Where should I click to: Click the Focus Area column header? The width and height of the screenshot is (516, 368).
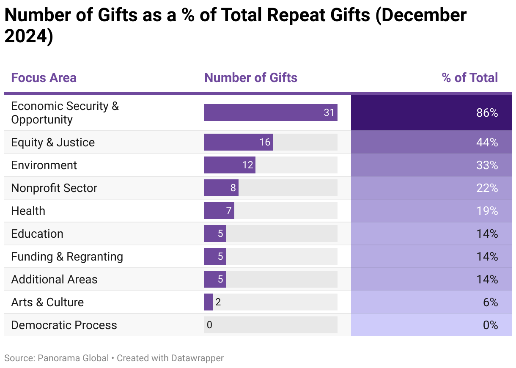click(x=44, y=78)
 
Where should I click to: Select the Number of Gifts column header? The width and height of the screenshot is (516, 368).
click(x=250, y=78)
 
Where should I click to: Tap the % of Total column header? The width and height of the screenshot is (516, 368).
click(x=469, y=78)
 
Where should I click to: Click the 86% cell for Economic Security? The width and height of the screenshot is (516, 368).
click(x=431, y=113)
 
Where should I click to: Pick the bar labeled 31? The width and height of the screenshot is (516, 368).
click(x=270, y=113)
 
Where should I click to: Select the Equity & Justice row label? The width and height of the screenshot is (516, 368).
click(x=53, y=143)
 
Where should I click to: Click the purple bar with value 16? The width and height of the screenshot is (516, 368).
click(x=238, y=142)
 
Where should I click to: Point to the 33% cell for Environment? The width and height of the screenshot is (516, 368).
click(x=431, y=165)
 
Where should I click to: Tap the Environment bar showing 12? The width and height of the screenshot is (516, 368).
click(x=229, y=165)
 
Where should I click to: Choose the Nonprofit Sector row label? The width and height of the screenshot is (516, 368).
click(x=54, y=188)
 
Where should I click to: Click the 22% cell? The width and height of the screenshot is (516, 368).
click(x=431, y=188)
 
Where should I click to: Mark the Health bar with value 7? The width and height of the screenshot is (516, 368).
click(x=219, y=211)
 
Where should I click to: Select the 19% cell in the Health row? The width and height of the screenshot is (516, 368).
click(x=431, y=211)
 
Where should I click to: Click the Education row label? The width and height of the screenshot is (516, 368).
click(x=37, y=234)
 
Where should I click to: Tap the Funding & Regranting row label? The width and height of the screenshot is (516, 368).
click(x=67, y=257)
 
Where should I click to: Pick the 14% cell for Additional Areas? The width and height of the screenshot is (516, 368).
click(x=431, y=280)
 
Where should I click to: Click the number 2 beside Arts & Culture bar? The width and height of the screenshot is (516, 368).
click(x=218, y=302)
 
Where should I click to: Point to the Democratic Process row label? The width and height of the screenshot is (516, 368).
click(x=64, y=325)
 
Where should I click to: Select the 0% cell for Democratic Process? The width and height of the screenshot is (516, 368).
click(x=431, y=325)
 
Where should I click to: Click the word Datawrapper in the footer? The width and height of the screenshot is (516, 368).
click(x=197, y=358)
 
